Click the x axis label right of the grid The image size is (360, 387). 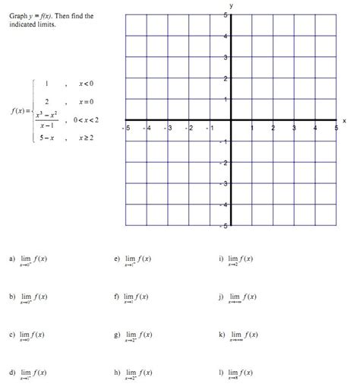(344, 121)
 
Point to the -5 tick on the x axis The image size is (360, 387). (128, 128)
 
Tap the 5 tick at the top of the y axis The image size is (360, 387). (225, 15)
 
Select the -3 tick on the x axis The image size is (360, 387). (170, 128)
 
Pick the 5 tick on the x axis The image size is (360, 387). (336, 128)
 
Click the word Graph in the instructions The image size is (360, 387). (19, 15)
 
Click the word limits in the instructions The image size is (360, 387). (45, 24)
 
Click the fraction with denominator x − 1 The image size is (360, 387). (46, 119)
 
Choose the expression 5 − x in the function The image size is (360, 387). (46, 138)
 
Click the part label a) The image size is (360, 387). (12, 259)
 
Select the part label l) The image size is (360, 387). (221, 373)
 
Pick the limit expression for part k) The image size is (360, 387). (244, 336)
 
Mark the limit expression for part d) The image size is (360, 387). (34, 374)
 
